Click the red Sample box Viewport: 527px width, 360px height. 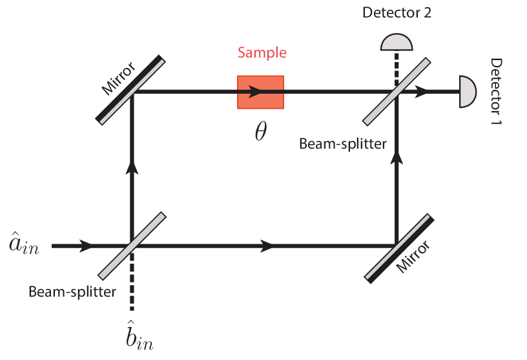260,92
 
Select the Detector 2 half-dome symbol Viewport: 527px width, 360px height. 396,42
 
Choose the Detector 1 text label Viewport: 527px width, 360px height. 497,91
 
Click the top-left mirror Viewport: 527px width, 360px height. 131,90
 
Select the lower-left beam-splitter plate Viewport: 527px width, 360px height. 131,246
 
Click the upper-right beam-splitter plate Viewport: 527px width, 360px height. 396,91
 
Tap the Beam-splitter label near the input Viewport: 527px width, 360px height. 72,292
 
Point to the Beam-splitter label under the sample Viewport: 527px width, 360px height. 343,143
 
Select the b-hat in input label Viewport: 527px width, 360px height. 138,337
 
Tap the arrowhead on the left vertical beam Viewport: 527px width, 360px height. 132,168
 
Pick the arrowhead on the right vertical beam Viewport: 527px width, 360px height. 396,158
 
